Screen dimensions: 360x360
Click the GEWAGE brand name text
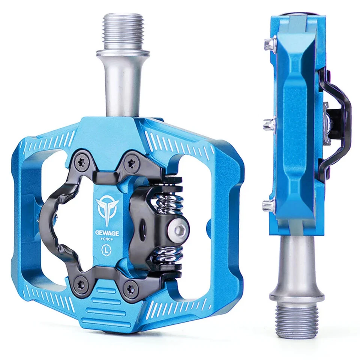(x=107, y=233)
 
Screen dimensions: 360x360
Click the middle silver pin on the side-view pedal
(x=268, y=124)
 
